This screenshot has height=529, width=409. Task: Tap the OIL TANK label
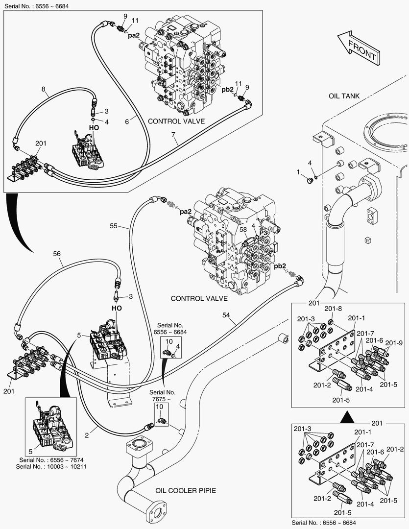(344, 96)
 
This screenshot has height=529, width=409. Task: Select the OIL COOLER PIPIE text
(186, 490)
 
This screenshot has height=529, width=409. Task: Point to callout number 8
(43, 90)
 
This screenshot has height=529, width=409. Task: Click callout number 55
(113, 226)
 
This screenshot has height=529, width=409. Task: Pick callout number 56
(57, 254)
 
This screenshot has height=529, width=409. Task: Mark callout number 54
(226, 315)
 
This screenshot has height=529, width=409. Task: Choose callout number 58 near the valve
(243, 230)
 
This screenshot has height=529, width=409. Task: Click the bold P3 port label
(264, 233)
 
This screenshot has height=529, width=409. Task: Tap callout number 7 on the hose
(173, 135)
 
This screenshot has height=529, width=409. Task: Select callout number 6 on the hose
(127, 121)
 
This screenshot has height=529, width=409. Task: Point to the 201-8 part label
(333, 309)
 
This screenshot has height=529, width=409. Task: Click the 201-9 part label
(394, 343)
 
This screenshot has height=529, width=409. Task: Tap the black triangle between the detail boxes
(347, 417)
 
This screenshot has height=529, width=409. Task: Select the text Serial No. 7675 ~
(162, 396)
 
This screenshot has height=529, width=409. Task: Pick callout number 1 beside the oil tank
(298, 172)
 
